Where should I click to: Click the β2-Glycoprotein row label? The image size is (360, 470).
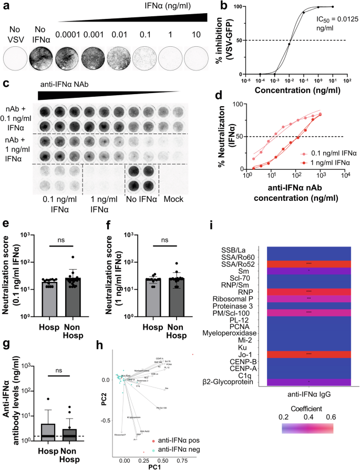[242, 382]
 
